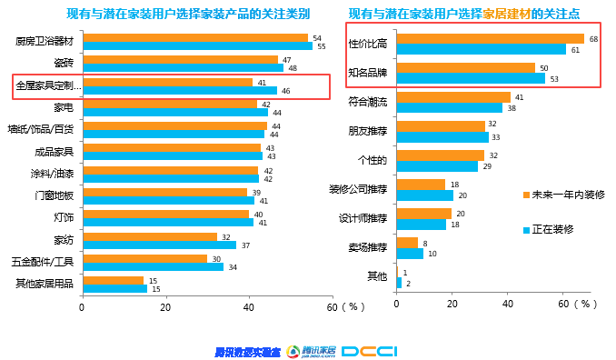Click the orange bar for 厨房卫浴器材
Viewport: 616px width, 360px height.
(194, 38)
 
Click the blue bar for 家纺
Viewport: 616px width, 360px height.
(159, 245)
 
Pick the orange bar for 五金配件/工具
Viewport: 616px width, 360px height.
(144, 257)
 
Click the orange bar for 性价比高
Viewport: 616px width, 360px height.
(491, 39)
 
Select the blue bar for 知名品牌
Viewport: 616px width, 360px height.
(472, 78)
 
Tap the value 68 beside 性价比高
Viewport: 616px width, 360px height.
(593, 39)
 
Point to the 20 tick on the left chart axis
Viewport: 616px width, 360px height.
(164, 307)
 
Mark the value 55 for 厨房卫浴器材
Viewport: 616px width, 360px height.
(318, 45)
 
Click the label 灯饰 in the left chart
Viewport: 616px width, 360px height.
(63, 217)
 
